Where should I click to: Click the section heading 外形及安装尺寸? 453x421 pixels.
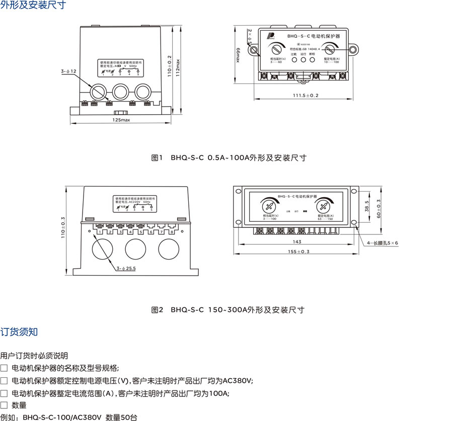click(x=33, y=6)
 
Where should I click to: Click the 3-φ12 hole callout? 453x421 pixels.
click(x=68, y=72)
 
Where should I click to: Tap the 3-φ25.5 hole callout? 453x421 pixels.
click(x=126, y=270)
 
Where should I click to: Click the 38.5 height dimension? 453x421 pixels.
click(x=366, y=207)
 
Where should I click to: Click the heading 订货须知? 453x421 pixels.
click(x=19, y=332)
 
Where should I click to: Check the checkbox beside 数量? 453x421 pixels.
click(x=4, y=405)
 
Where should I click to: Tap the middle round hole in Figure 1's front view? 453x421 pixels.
click(x=121, y=92)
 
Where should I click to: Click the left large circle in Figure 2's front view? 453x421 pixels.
click(x=103, y=250)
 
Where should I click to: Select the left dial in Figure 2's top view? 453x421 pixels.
click(x=269, y=206)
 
